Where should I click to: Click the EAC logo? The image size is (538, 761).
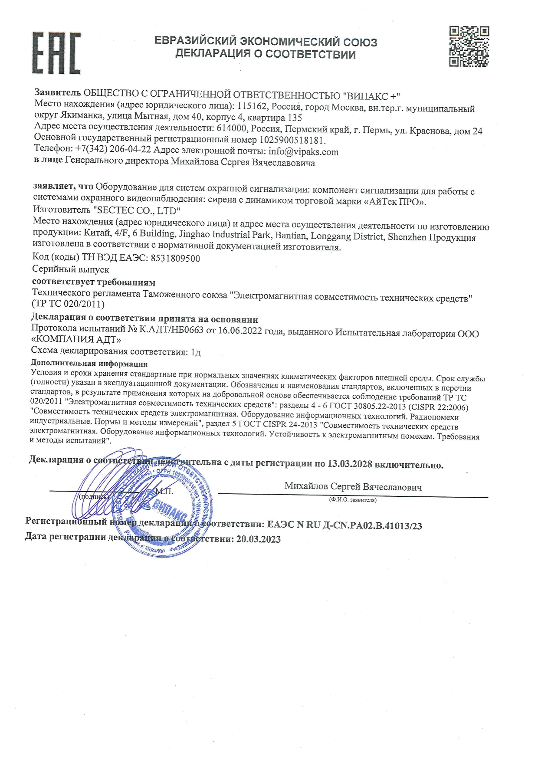pyautogui.click(x=56, y=52)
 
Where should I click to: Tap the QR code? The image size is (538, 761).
pyautogui.click(x=469, y=46)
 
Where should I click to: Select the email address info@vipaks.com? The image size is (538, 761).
pyautogui.click(x=303, y=151)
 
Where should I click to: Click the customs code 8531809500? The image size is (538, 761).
pyautogui.click(x=175, y=258)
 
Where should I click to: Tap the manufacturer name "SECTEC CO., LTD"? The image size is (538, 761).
pyautogui.click(x=137, y=211)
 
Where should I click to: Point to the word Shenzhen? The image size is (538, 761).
pyautogui.click(x=407, y=237)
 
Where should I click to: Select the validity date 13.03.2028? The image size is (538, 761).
pyautogui.click(x=349, y=463)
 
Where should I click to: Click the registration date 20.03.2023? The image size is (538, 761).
pyautogui.click(x=258, y=539)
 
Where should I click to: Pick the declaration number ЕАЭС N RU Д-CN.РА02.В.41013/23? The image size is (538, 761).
pyautogui.click(x=344, y=525)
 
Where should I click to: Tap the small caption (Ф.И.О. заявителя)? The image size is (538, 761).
pyautogui.click(x=353, y=500)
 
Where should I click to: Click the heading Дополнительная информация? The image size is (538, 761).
pyautogui.click(x=89, y=364)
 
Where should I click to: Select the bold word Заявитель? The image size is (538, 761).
pyautogui.click(x=58, y=92)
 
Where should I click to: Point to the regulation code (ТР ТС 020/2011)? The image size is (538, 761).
pyautogui.click(x=68, y=304)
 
